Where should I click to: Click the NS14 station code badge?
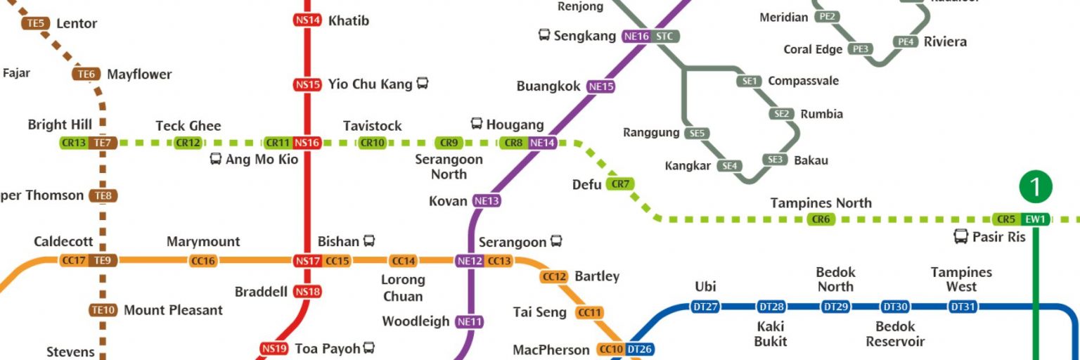coord(307,20)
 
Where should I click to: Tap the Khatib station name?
coord(349,20)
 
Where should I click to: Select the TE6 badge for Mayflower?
coord(86,75)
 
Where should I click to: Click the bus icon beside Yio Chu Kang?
coord(422,84)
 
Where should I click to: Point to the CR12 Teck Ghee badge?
coord(188,143)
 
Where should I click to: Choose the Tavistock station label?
coord(373,126)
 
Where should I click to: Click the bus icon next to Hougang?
coord(477,124)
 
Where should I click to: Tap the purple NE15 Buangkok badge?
coord(601,86)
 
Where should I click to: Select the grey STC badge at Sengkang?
coord(665,36)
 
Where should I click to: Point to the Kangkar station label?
coord(688,166)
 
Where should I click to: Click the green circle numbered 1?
coord(1036,187)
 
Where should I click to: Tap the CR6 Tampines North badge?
coord(821,219)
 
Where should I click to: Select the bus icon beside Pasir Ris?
coord(960,237)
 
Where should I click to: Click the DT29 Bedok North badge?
coord(835,307)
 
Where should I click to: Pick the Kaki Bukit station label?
coord(770,334)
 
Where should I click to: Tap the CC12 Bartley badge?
coord(554,277)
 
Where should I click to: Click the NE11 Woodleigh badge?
coord(470,322)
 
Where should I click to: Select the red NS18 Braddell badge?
coord(307,291)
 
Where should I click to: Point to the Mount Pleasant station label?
coord(173,310)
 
